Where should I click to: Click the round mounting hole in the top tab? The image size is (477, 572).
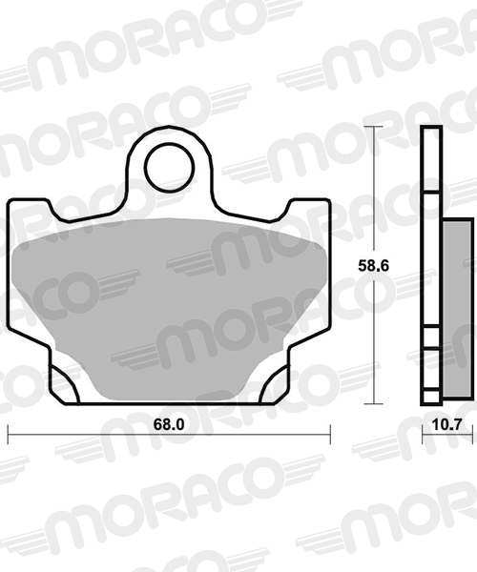170,168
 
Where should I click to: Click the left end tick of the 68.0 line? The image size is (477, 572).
8,435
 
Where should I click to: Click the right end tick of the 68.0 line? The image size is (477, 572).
330,435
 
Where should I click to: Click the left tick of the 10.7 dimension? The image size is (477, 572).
424,435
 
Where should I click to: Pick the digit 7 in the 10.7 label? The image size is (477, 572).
462,421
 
